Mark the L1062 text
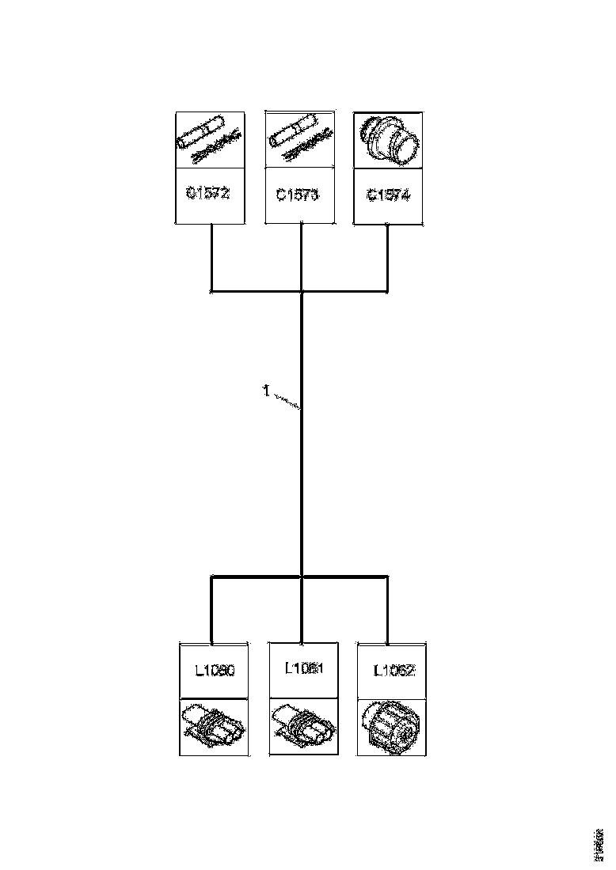click(x=394, y=671)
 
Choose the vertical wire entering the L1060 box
click(x=212, y=609)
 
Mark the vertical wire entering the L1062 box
click(x=388, y=609)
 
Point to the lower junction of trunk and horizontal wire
click(x=302, y=576)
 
